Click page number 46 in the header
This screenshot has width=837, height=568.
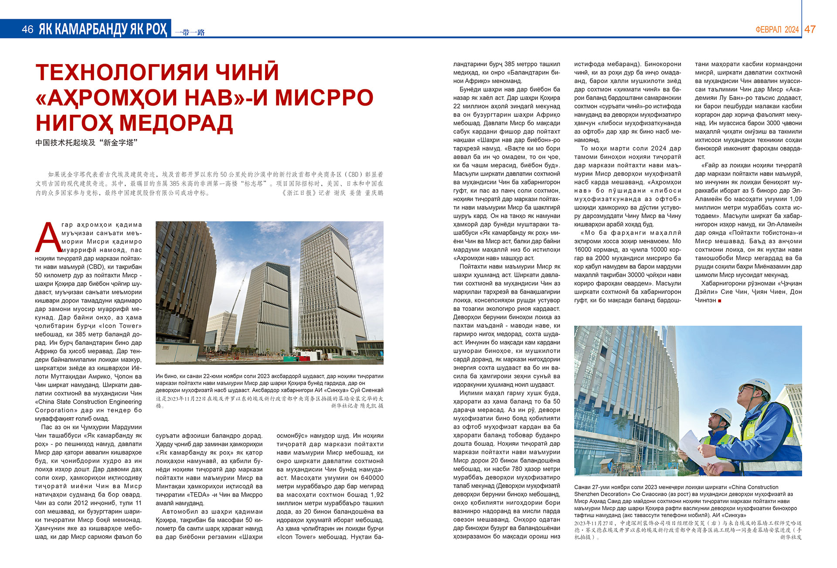pyautogui.click(x=27, y=29)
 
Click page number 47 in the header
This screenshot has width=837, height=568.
pyautogui.click(x=810, y=29)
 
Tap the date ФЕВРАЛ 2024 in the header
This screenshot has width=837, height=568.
pyautogui.click(x=777, y=30)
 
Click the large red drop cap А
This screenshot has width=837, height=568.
pyautogui.click(x=48, y=237)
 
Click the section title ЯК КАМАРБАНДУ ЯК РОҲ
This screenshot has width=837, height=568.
pyautogui.click(x=102, y=29)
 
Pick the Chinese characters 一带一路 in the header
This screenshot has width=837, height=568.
pyautogui.click(x=190, y=32)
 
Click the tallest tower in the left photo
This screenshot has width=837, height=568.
pyautogui.click(x=331, y=283)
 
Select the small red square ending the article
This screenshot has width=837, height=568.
pyautogui.click(x=720, y=301)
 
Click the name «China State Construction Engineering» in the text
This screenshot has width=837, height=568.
pyautogui.click(x=88, y=402)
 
